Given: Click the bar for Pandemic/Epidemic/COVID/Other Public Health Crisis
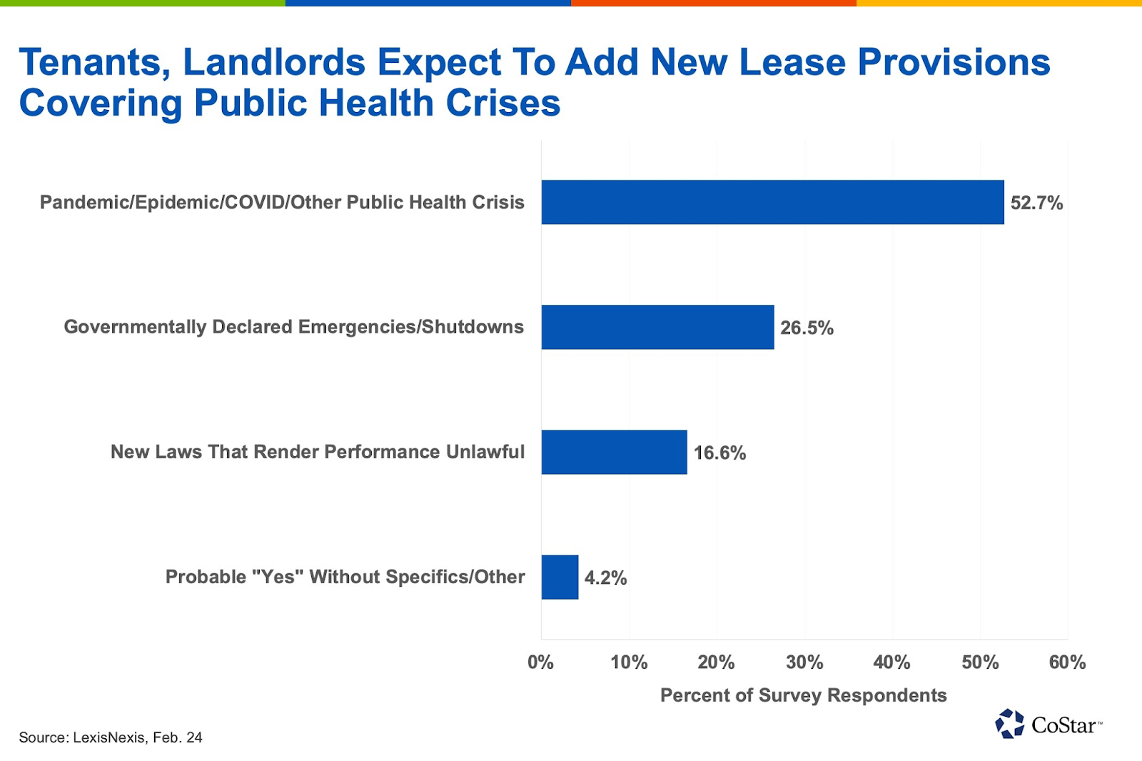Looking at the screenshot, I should pyautogui.click(x=772, y=202).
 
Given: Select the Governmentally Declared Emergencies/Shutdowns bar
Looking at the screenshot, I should pyautogui.click(x=657, y=327).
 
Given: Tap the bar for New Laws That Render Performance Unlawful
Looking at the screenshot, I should pyautogui.click(x=614, y=452).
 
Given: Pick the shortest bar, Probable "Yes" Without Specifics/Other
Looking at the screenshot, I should pyautogui.click(x=560, y=577).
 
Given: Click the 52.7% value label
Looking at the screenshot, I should pyautogui.click(x=1036, y=203).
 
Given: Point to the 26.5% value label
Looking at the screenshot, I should pyautogui.click(x=807, y=328).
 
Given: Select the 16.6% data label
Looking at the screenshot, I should pyautogui.click(x=719, y=453).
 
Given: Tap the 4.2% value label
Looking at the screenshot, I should pyautogui.click(x=605, y=578).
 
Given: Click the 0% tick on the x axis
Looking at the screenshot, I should pyautogui.click(x=540, y=662).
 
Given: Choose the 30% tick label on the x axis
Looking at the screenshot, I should pyautogui.click(x=804, y=662).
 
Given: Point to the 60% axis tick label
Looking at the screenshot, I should pyautogui.click(x=1067, y=662).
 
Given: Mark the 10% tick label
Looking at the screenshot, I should pyautogui.click(x=629, y=662).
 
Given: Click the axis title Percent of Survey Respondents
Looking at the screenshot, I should pyautogui.click(x=803, y=695).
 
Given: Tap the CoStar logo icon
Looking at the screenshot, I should pyautogui.click(x=1009, y=724).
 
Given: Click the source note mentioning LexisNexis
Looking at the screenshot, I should pyautogui.click(x=111, y=737).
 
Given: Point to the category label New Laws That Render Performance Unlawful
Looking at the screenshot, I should pyautogui.click(x=317, y=452).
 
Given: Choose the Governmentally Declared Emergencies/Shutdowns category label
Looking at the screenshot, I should pyautogui.click(x=293, y=327).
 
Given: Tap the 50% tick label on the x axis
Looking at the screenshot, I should pyautogui.click(x=980, y=662).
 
